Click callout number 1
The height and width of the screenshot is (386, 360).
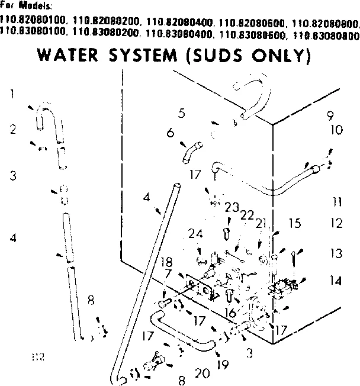pyautogui.click(x=12, y=94)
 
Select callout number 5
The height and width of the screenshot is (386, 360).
pyautogui.click(x=182, y=112)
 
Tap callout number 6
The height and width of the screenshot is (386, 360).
pyautogui.click(x=171, y=133)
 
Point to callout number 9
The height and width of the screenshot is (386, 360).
pyautogui.click(x=330, y=116)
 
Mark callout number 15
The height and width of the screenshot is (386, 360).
pyautogui.click(x=295, y=223)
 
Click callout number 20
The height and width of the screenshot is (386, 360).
pyautogui.click(x=202, y=374)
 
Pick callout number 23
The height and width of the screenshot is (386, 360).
pyautogui.click(x=231, y=207)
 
